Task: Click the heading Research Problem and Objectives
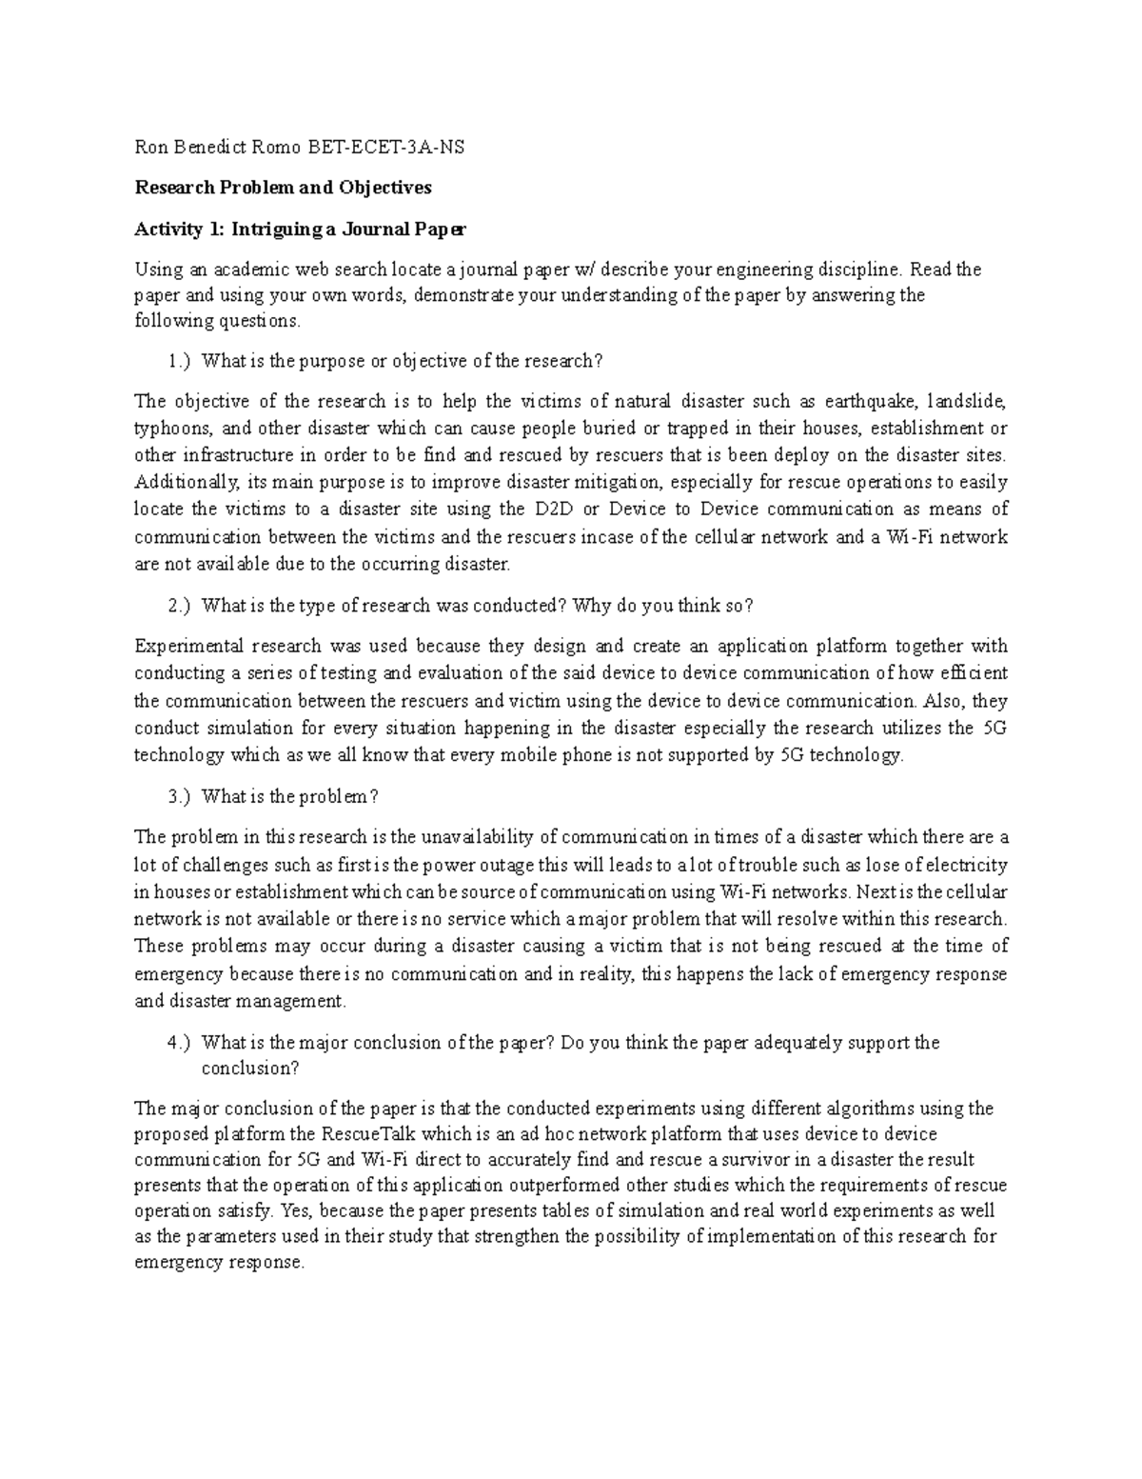[x=283, y=188]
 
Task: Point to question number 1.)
[x=178, y=361]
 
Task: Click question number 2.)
[x=178, y=606]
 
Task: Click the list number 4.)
[x=178, y=1043]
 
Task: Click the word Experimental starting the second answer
[x=189, y=647]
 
